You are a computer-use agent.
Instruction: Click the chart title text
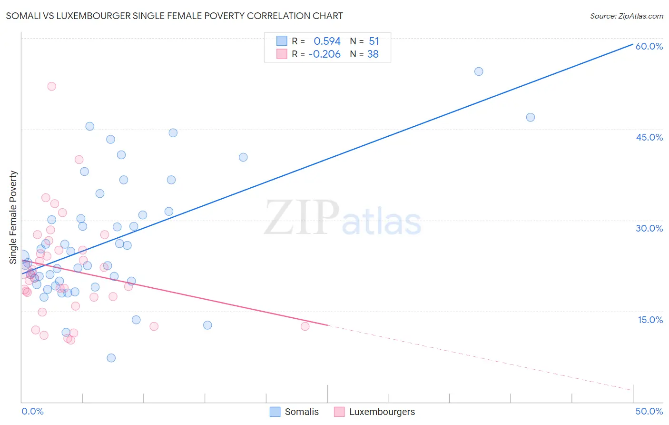174,16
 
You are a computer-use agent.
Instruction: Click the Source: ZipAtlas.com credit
626,16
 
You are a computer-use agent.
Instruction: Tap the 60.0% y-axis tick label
649,46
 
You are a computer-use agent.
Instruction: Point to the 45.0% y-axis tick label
649,137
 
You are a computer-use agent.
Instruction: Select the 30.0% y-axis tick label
649,228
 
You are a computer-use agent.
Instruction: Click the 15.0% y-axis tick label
650,320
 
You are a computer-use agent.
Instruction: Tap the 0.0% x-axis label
32,411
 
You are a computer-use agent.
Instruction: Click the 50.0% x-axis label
649,411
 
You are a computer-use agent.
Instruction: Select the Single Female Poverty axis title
13,217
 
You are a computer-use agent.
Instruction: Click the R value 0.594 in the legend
327,41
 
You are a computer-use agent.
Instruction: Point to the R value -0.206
325,54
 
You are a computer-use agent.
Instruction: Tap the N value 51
374,41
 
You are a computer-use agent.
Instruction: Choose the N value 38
373,54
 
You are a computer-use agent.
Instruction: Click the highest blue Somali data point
479,71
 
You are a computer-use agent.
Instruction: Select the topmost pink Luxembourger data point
51,86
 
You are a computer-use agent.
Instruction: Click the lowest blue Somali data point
111,358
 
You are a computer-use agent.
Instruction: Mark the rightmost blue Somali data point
531,117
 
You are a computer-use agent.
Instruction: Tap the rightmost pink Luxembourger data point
305,326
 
